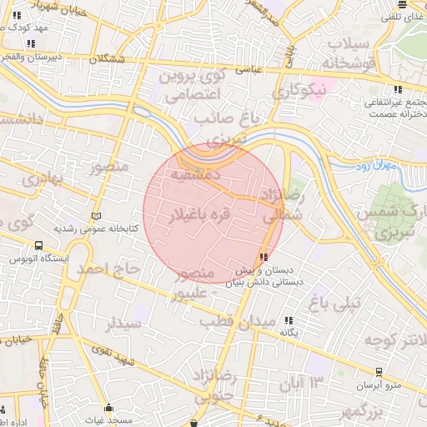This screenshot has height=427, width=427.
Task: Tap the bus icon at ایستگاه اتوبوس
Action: coord(38,245)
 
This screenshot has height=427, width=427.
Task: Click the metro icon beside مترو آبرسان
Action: coord(379,371)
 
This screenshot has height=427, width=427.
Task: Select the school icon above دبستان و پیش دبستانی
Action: coord(264,258)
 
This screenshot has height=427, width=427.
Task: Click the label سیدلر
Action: coord(125,323)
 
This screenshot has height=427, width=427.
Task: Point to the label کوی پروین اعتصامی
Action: coord(193,86)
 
